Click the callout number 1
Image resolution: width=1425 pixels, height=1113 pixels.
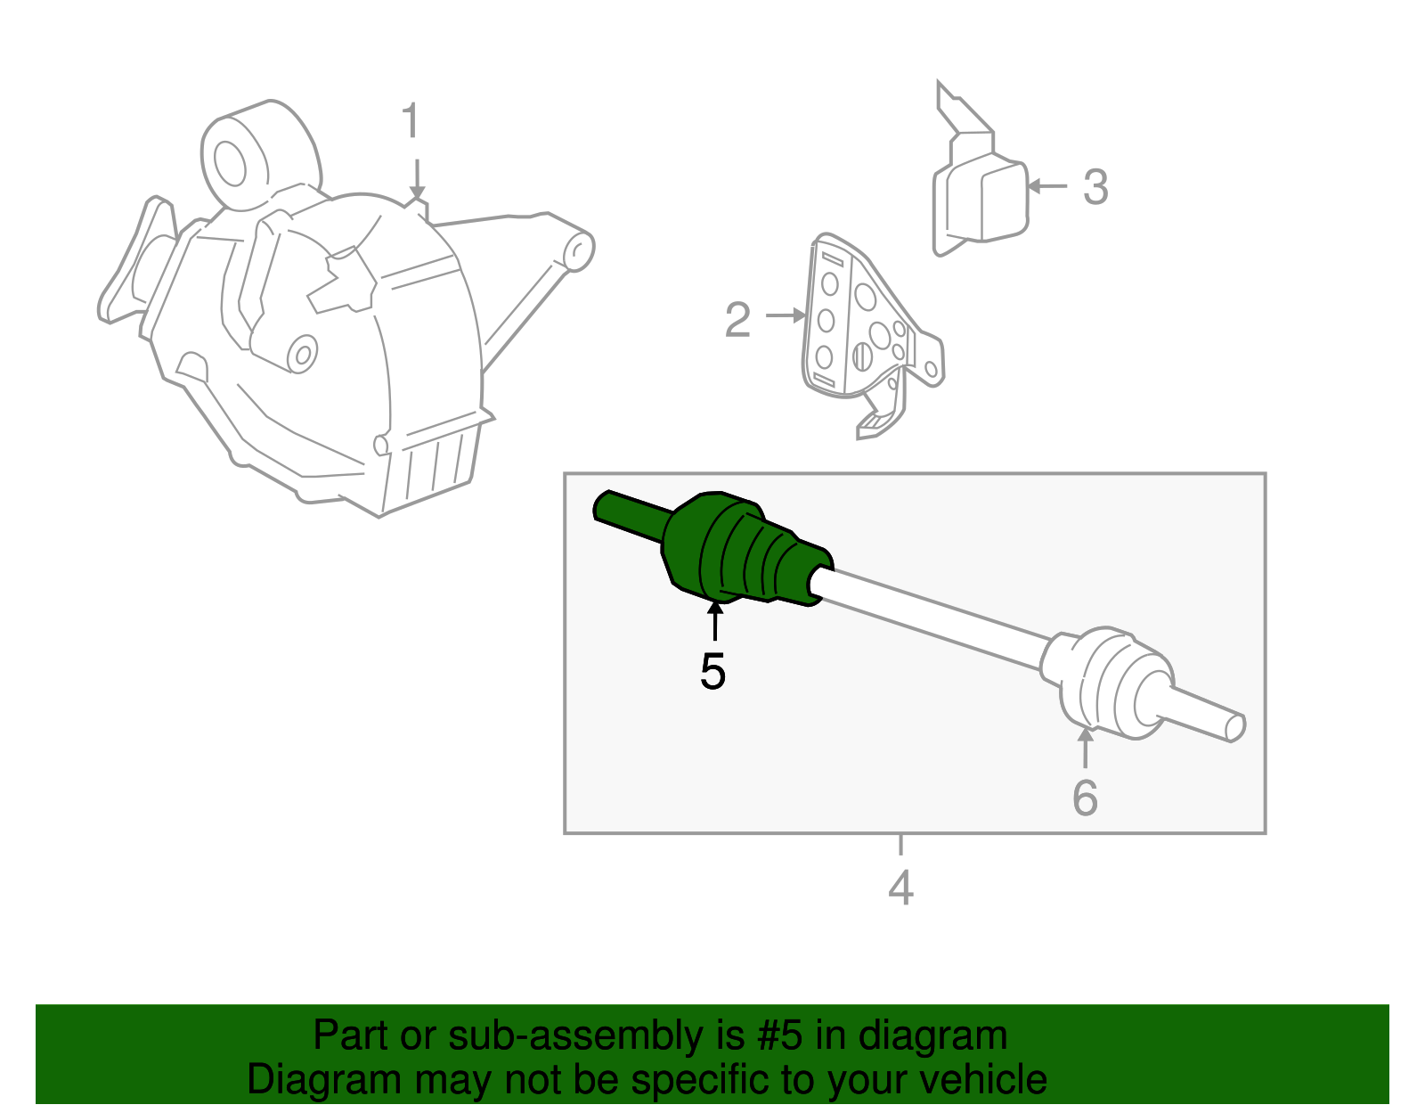(x=411, y=120)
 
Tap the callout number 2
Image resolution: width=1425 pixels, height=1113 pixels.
(x=737, y=320)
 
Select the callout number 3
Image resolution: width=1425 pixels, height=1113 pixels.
(x=1095, y=187)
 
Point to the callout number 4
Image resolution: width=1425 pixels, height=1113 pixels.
(x=901, y=888)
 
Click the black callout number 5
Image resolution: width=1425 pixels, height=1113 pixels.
(x=712, y=672)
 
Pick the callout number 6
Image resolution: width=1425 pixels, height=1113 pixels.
(x=1086, y=798)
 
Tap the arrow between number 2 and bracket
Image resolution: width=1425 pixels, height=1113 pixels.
(x=786, y=315)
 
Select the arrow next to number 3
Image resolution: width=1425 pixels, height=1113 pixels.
(x=1046, y=186)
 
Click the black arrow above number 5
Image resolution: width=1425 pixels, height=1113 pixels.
(x=715, y=621)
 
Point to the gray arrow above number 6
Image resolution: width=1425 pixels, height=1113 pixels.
(x=1086, y=748)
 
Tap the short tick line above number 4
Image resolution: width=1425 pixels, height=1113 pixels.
(x=901, y=845)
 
